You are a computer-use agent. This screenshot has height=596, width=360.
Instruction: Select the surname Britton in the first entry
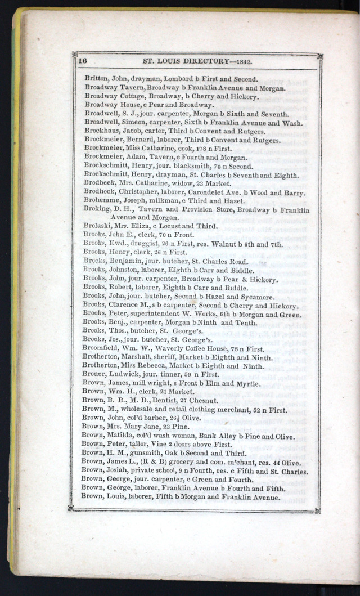point(96,79)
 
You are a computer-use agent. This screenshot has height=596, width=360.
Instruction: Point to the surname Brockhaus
point(102,131)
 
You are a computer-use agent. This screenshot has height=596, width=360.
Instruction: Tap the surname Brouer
point(94,375)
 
